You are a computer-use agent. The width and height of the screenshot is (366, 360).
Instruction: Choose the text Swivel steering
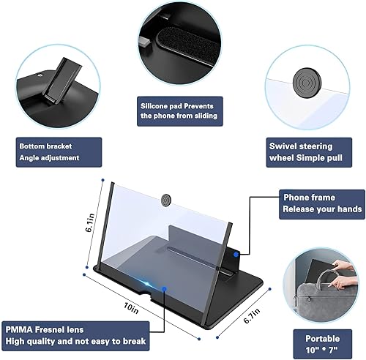(x=299, y=146)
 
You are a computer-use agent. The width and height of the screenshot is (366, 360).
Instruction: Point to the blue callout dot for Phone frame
(x=238, y=252)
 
